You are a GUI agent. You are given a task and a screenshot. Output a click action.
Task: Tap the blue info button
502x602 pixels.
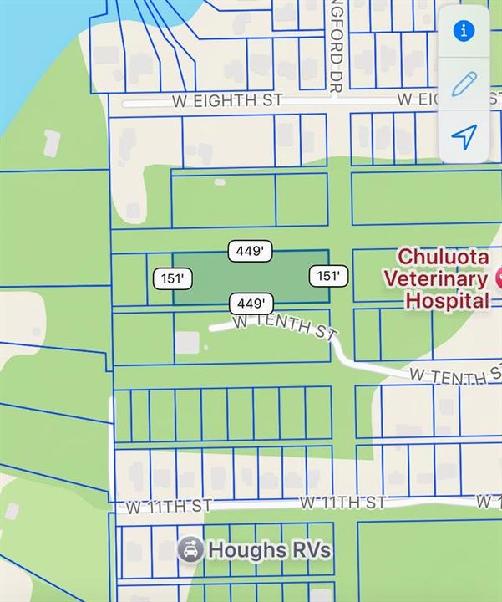[x=464, y=31]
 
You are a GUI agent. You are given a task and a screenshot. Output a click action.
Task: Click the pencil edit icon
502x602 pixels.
[x=464, y=84]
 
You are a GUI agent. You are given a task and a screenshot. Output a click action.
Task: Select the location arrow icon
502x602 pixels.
[x=464, y=135]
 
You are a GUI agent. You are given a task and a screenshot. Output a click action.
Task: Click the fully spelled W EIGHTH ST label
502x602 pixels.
[x=227, y=100]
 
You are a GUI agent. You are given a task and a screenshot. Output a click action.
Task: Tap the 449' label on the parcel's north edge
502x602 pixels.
[x=251, y=250]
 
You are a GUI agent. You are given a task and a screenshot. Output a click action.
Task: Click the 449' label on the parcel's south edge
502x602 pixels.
[x=251, y=303]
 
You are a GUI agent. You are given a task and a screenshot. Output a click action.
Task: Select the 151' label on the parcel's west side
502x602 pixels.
[x=173, y=278]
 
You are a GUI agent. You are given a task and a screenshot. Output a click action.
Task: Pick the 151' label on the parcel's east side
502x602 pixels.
[x=328, y=276]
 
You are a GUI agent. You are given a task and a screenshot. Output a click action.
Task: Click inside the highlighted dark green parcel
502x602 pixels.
[x=251, y=277]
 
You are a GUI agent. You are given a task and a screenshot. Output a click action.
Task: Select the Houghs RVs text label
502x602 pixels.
[x=269, y=550]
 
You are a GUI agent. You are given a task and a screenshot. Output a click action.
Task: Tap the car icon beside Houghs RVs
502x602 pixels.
[x=190, y=550]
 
